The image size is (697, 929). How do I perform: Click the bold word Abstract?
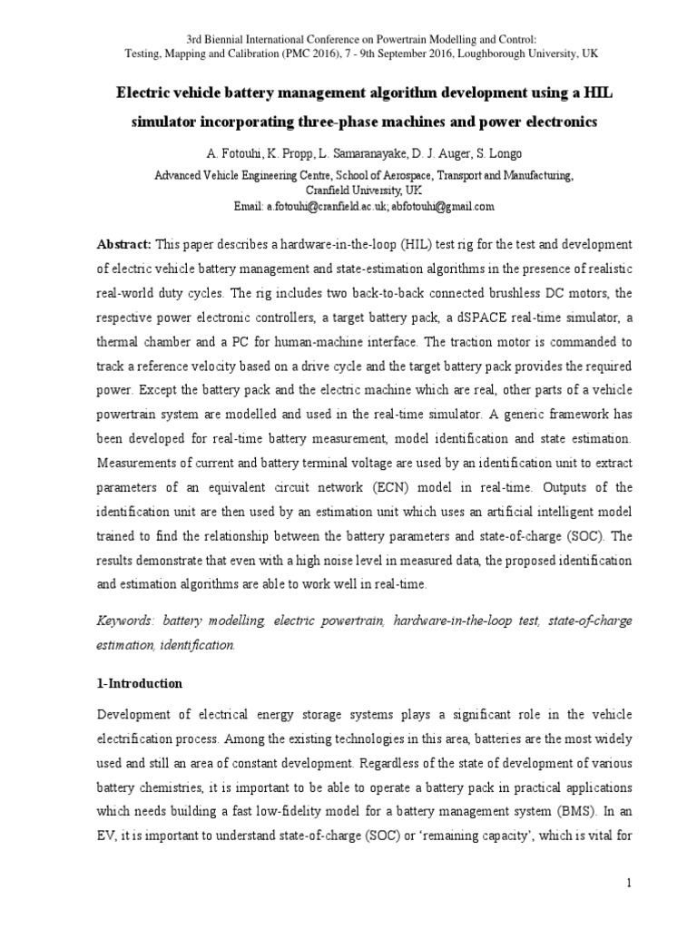pos(124,246)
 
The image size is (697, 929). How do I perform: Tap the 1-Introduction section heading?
pos(140,683)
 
